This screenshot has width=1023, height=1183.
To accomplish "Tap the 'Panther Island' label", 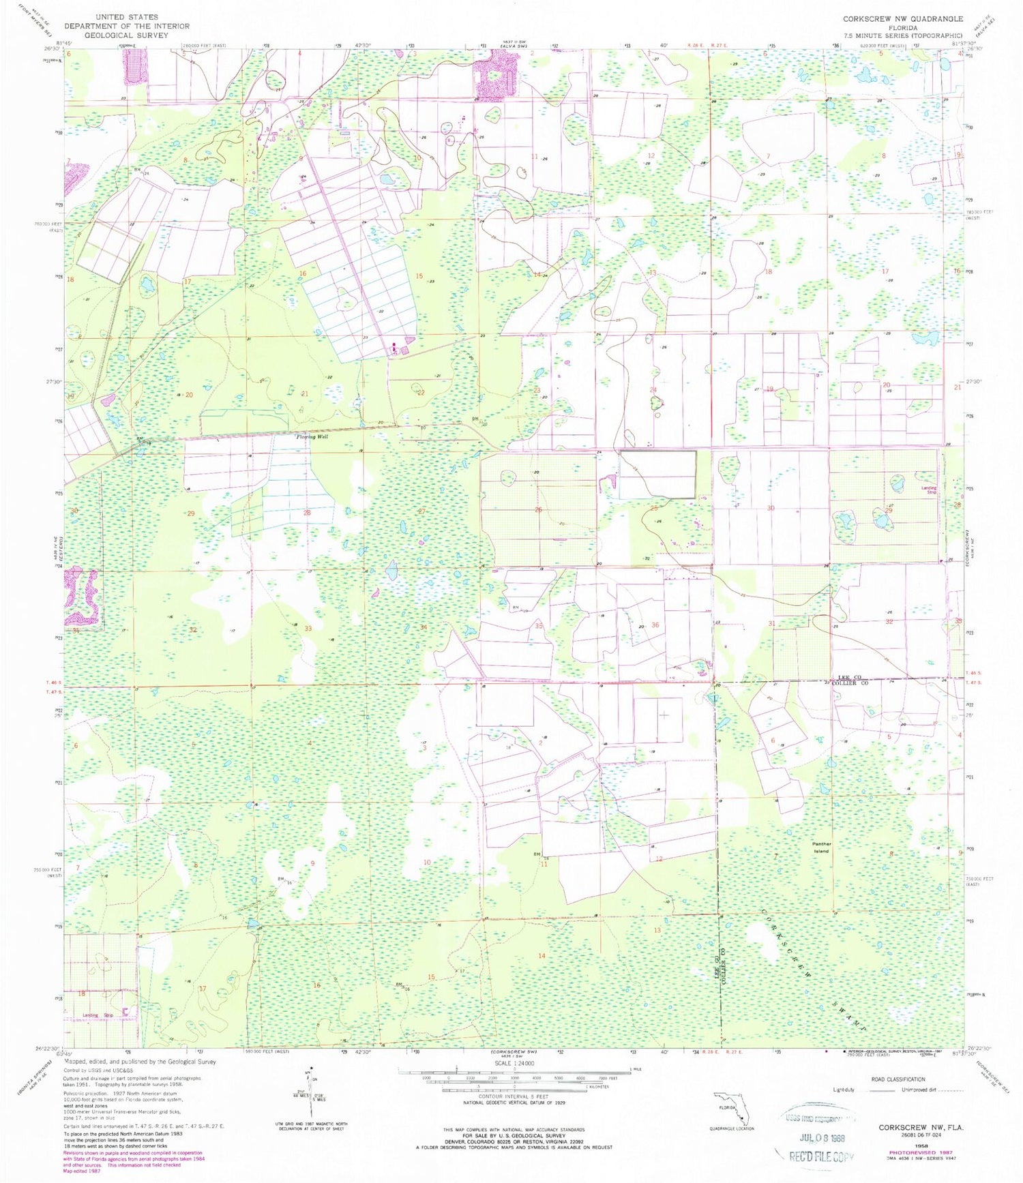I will [x=821, y=848].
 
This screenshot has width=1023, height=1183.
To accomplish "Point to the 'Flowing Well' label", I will [x=312, y=436].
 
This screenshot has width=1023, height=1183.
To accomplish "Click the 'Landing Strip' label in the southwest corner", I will [x=100, y=1015].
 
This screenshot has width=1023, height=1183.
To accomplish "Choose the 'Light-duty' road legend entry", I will [x=844, y=1090].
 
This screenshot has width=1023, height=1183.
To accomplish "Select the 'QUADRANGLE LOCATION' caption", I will [x=731, y=1128].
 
